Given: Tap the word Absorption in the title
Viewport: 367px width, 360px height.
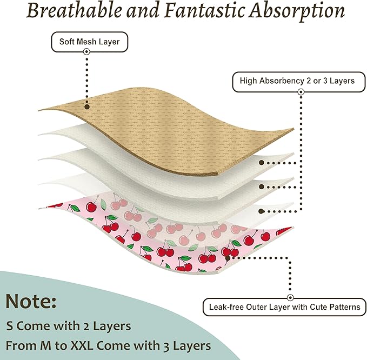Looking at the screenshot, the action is (297, 12).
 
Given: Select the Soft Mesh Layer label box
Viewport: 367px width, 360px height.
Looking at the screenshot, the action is (89, 42).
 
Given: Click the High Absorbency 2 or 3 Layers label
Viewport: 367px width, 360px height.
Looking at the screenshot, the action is (299, 82).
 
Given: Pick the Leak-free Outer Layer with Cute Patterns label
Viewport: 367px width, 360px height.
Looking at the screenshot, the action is (284, 307).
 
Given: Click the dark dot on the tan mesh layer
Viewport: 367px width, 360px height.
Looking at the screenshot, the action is (87, 106).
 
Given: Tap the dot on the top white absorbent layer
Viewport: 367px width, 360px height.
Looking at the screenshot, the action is (262, 163).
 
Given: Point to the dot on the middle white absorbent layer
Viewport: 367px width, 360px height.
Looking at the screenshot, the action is (262, 186).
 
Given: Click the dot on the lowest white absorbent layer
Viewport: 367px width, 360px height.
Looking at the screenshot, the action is (262, 211).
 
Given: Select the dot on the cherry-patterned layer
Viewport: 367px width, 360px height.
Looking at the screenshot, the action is (228, 258).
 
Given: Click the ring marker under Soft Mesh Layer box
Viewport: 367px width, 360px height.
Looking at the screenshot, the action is (86, 51).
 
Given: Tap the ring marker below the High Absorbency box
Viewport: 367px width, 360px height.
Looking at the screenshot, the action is (301, 92).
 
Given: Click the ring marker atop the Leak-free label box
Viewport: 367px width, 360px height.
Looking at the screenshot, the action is (290, 298).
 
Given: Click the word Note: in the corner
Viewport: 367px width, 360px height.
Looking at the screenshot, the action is (31, 301).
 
